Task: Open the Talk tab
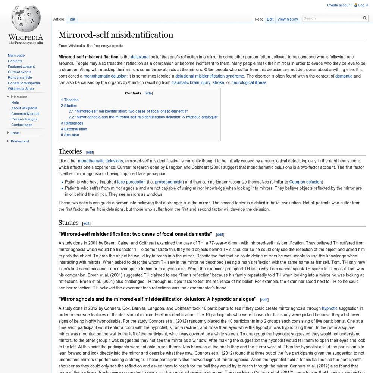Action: click(71, 19)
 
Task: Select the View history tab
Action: click(288, 19)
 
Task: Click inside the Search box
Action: click(332, 18)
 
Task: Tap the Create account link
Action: click(339, 5)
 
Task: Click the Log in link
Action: click(363, 5)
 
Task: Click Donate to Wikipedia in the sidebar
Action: click(24, 83)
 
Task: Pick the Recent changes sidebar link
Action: click(24, 119)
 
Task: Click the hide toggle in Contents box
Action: click(148, 93)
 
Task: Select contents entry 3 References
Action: click(72, 123)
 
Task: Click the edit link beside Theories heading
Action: click(90, 152)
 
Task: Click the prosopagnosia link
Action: click(169, 182)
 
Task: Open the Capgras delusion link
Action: click(305, 182)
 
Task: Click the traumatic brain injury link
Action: click(191, 82)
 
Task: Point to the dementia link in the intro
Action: click(343, 76)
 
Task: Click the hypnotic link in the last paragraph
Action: click(329, 308)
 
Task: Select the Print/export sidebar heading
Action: click(20, 141)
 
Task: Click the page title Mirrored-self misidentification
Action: click(116, 35)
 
